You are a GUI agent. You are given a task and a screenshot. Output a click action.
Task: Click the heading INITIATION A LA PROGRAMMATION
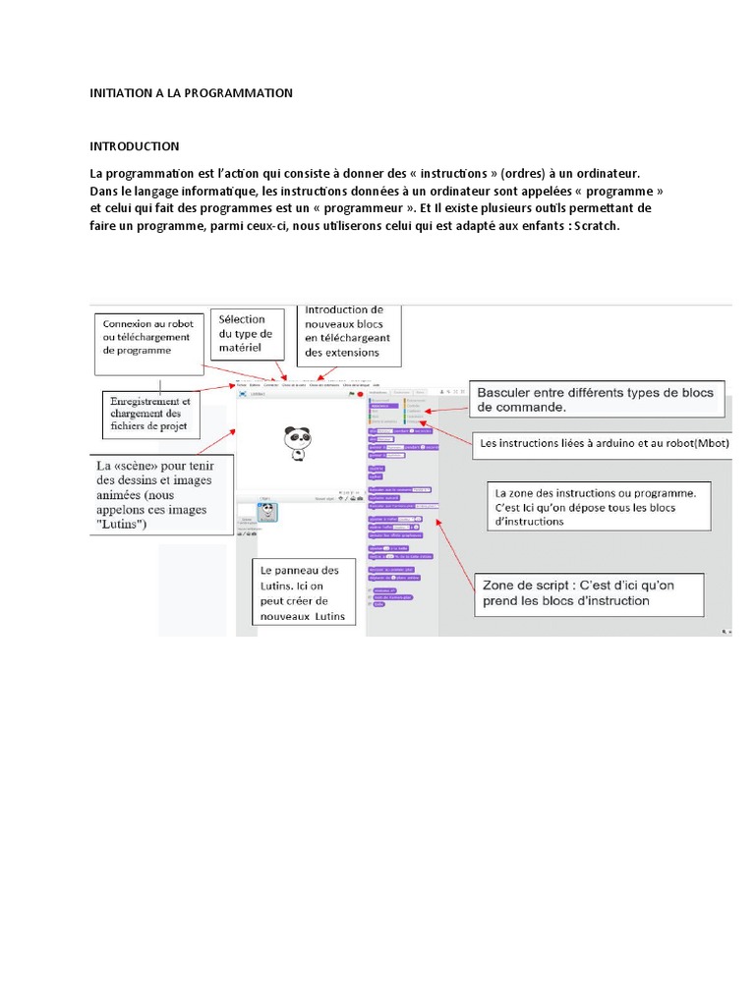coord(192,93)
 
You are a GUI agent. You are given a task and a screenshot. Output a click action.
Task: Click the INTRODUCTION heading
coord(135,146)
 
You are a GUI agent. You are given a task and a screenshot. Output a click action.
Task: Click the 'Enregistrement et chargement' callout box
coord(151,414)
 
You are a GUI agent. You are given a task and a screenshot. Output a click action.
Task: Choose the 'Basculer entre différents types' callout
coord(596,398)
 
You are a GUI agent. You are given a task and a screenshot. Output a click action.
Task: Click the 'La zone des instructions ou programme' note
coord(596,506)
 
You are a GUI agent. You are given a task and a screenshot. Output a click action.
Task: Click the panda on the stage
coord(296,443)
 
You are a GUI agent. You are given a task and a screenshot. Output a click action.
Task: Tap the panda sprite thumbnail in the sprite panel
coord(266,514)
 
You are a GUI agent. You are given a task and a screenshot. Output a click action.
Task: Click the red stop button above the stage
coord(360,395)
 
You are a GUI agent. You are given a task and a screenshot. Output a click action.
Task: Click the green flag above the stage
coord(351,395)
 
